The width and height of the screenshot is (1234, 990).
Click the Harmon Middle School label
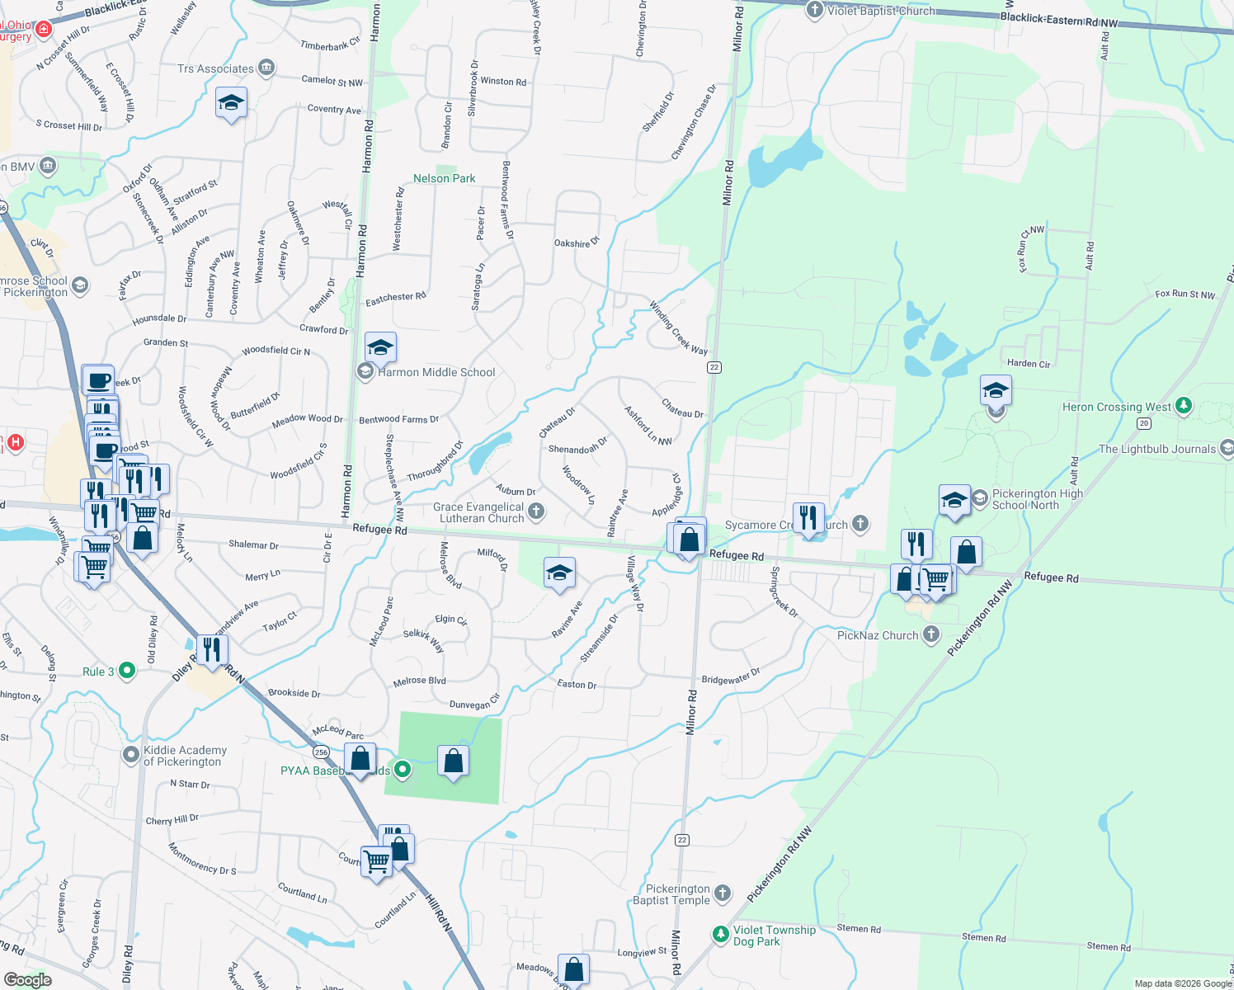pos(436,372)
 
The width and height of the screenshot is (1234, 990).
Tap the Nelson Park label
pos(444,178)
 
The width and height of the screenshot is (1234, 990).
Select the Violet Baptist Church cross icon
pos(815,10)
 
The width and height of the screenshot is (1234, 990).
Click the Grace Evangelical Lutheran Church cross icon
pos(536,511)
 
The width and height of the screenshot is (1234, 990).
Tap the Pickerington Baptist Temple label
pos(678,894)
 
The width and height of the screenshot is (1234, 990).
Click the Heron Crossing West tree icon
pos(1184,405)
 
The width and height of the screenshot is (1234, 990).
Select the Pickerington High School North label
pos(1037,499)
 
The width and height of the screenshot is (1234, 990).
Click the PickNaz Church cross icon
pos(931,634)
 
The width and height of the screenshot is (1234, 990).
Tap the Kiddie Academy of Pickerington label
pos(185,756)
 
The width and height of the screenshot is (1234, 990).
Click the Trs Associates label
pos(215,68)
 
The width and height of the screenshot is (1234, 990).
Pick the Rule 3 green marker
pos(126,671)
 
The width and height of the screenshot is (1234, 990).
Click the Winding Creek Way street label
pos(678,328)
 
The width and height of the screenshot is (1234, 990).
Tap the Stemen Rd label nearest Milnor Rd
pos(859,929)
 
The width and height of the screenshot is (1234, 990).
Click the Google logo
pos(27,980)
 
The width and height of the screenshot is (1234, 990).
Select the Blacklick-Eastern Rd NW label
pos(1058,20)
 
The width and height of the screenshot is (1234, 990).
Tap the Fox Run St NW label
pos(1185,294)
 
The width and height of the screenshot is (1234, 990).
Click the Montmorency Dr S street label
pos(202,859)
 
